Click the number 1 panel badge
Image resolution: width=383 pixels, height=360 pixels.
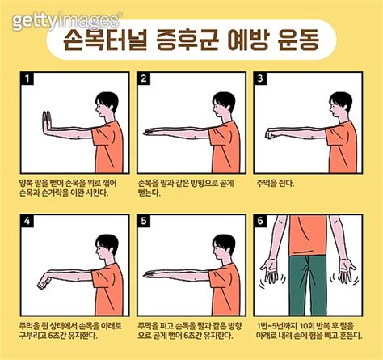pyautogui.click(x=27, y=79)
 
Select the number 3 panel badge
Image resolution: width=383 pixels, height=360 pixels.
pyautogui.click(x=261, y=79)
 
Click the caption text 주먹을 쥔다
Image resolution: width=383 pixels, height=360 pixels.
pyautogui.click(x=275, y=182)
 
